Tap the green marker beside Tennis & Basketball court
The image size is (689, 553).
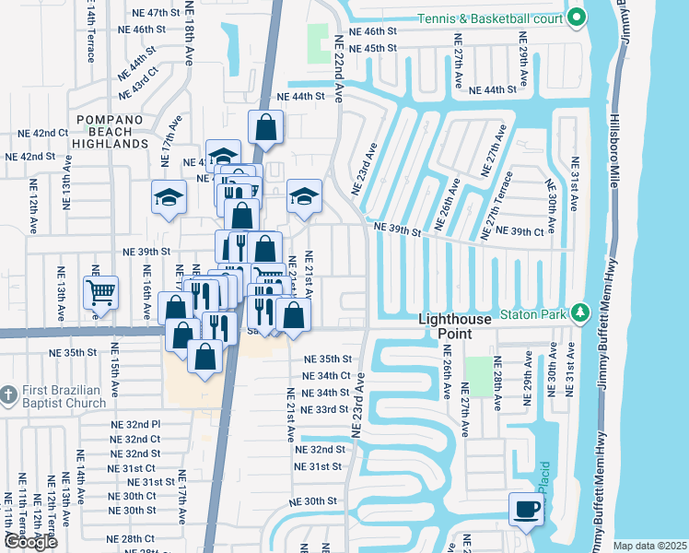[577, 18]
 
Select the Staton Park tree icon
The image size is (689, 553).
[578, 313]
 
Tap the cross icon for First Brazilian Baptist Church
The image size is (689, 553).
[7, 394]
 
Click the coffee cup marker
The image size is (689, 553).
[527, 509]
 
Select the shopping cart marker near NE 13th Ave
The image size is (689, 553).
[100, 293]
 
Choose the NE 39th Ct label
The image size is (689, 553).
[520, 231]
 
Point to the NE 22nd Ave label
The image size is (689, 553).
[338, 69]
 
